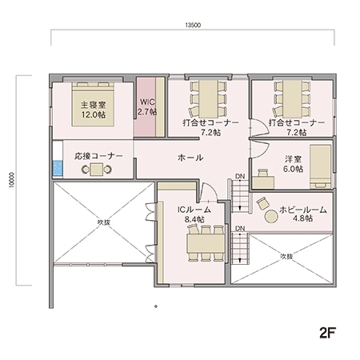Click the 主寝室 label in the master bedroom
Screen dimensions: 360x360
pyautogui.click(x=93, y=105)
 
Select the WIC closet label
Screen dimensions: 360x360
pyautogui.click(x=147, y=102)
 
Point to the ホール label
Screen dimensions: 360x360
pyautogui.click(x=189, y=158)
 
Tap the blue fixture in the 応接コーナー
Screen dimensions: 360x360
pyautogui.click(x=58, y=168)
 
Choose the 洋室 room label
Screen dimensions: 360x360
pyautogui.click(x=294, y=159)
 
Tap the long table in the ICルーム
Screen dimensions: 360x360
pyautogui.click(x=206, y=241)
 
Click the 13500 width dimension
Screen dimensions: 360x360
pyautogui.click(x=192, y=26)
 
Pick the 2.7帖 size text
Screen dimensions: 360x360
pyautogui.click(x=147, y=113)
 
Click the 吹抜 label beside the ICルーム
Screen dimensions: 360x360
pyautogui.click(x=102, y=222)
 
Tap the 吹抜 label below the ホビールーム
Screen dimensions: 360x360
pyautogui.click(x=286, y=256)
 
